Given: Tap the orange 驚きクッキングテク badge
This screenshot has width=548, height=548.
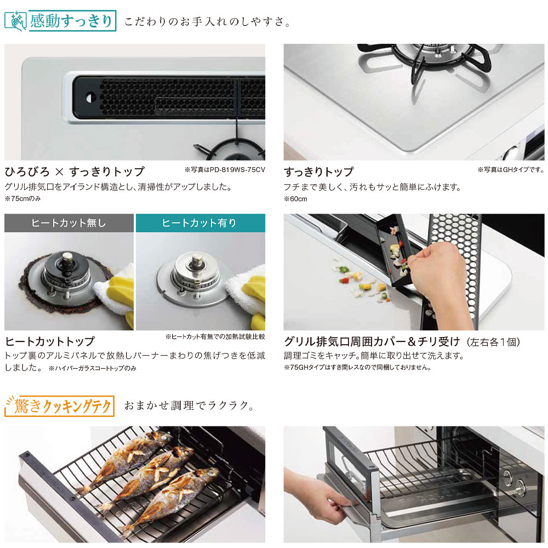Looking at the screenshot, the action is click(60, 406).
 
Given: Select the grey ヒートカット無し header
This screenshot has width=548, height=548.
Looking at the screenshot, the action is click(69, 223).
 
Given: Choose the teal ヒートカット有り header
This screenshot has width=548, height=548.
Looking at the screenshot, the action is click(200, 223).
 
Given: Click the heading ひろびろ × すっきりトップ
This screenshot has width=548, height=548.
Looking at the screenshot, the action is click(75, 171).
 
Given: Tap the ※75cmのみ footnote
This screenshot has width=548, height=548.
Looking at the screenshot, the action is click(22, 198).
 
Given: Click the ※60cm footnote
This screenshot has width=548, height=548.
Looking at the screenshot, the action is click(296, 199).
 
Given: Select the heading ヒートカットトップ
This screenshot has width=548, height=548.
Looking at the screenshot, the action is click(50, 341).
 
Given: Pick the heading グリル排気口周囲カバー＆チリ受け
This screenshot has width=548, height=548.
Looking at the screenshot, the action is click(372, 341).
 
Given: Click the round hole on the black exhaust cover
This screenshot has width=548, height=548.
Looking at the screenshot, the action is click(90, 98).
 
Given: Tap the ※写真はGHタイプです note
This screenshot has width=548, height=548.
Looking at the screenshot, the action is click(511, 170).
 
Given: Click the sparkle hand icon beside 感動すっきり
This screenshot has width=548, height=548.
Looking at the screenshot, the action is click(16, 21).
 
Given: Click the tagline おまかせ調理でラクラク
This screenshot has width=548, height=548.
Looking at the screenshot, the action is click(190, 406).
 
